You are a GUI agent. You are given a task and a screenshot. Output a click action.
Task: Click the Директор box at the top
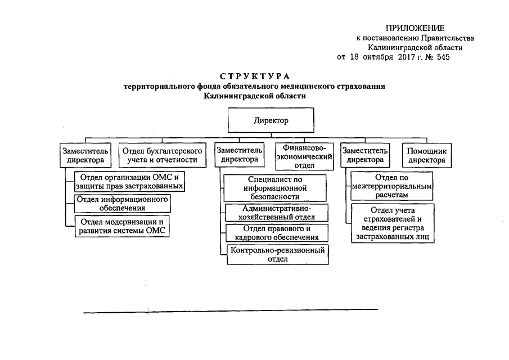point(271,120)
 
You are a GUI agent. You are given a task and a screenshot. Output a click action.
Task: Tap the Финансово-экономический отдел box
point(304,156)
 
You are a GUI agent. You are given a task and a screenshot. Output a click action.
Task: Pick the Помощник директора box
point(426,156)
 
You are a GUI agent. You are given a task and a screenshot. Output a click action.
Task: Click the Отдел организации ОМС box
point(129,182)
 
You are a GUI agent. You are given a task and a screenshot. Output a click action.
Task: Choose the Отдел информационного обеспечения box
point(122,204)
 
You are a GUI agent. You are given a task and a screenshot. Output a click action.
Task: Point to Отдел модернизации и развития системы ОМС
point(122,226)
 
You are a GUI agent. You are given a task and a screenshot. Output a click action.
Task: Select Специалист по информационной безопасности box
point(275,188)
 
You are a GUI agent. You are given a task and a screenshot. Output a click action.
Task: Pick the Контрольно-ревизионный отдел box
point(278,254)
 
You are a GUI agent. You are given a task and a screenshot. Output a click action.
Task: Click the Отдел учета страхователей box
point(392,224)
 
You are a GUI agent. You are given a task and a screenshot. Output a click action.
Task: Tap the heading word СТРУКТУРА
point(254,76)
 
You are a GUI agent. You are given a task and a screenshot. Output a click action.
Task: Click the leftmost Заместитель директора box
point(84,156)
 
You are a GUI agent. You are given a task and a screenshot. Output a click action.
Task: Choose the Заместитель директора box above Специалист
point(239,156)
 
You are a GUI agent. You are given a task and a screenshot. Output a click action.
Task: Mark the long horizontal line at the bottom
point(231,310)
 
